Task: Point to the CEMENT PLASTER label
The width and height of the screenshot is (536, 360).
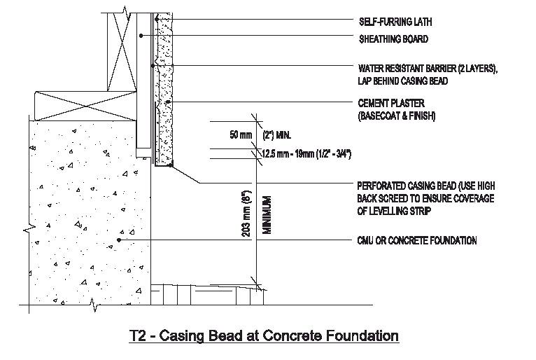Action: click(x=385, y=104)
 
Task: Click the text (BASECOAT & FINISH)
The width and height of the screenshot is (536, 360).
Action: click(x=396, y=116)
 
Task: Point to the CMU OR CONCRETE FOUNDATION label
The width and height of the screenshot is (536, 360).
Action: click(x=416, y=241)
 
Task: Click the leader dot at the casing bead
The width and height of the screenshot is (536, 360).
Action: click(x=171, y=166)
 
